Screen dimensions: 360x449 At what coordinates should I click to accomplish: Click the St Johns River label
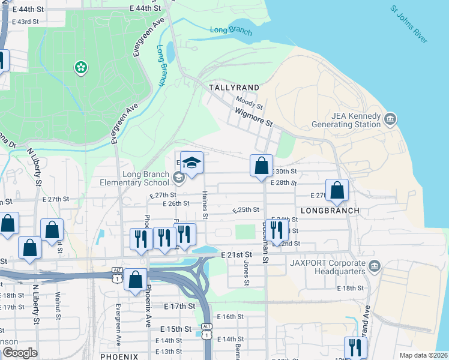tap(408, 25)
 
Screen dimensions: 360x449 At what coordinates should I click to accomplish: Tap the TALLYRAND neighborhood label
tap(234, 88)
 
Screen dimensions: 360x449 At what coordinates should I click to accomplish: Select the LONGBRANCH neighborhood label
tap(330, 211)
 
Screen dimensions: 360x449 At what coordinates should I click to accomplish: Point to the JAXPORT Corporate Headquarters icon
tap(374, 265)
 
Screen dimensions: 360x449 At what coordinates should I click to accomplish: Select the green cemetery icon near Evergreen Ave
tap(80, 67)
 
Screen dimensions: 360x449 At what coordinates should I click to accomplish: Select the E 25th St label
tap(246, 210)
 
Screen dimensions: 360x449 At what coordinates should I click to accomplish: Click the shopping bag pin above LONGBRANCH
tap(337, 190)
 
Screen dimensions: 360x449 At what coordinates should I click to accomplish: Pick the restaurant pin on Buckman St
tap(276, 230)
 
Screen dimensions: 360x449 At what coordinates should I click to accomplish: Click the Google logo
tap(20, 353)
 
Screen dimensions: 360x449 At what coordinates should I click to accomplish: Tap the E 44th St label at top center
tap(145, 8)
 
